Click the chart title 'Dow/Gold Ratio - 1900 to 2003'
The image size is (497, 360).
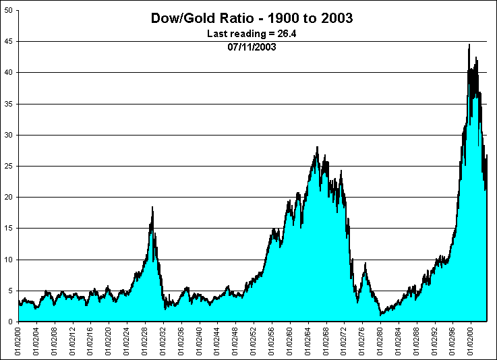tap(252, 18)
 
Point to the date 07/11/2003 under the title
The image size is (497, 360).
tap(252, 47)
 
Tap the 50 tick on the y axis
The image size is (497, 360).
tap(9, 10)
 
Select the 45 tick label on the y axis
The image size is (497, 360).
tap(9, 41)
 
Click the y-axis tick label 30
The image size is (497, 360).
tap(9, 135)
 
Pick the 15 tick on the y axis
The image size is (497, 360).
tap(9, 228)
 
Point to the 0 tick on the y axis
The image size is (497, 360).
tap(11, 322)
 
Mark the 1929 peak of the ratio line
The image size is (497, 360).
tap(152, 208)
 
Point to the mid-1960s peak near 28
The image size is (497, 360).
tap(317, 148)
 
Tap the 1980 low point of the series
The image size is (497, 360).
tap(381, 314)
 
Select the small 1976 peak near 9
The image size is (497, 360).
tap(365, 264)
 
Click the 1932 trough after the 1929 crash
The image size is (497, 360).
tap(165, 308)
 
